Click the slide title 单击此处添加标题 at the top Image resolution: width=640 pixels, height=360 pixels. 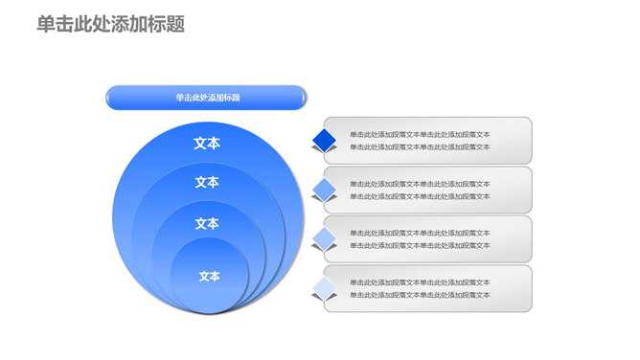tap(110, 25)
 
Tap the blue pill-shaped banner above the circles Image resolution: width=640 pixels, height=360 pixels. tap(206, 97)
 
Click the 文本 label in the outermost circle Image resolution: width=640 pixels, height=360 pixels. tap(207, 144)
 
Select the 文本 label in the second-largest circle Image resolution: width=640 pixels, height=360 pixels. tap(207, 183)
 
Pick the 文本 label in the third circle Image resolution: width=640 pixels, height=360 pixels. tap(207, 224)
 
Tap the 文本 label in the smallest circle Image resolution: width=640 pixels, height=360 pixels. tap(209, 277)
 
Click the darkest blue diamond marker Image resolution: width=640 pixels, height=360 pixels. tap(326, 141)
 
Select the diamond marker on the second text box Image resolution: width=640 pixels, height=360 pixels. tap(326, 190)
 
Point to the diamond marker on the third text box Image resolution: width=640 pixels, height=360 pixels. tap(326, 239)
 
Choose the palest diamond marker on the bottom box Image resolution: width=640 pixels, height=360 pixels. tap(326, 288)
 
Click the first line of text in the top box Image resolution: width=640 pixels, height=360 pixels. tap(420, 134)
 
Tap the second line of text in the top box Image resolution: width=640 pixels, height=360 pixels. tap(420, 146)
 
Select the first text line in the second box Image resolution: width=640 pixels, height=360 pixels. tap(420, 184)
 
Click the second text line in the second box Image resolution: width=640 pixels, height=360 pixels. tap(420, 196)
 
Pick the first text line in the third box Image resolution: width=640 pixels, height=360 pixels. tap(420, 233)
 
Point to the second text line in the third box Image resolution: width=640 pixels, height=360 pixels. tap(420, 245)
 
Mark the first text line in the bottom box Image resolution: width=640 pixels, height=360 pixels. tap(420, 282)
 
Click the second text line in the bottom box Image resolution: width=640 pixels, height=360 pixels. tap(420, 295)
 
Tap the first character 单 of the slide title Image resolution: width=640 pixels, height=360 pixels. tap(46, 25)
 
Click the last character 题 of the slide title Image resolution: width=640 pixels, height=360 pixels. tap(175, 25)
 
